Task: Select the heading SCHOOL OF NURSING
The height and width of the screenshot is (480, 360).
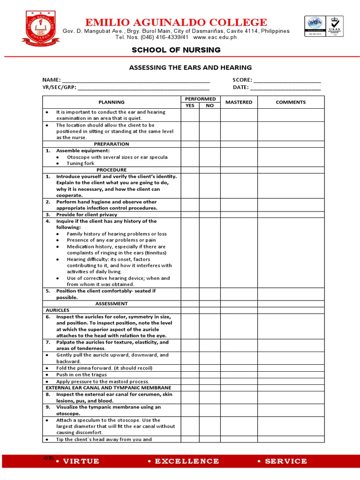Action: pyautogui.click(x=176, y=50)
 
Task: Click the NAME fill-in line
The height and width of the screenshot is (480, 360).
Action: pyautogui.click(x=136, y=81)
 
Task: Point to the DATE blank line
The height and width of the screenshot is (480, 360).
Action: pyautogui.click(x=285, y=88)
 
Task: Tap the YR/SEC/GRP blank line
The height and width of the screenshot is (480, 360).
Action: pyautogui.click(x=143, y=88)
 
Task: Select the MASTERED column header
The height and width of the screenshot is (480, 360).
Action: pyautogui.click(x=239, y=102)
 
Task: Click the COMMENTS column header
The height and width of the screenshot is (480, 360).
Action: pyautogui.click(x=291, y=102)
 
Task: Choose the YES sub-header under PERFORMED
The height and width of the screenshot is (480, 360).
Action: pyautogui.click(x=190, y=105)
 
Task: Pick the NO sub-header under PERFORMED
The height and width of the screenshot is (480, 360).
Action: pyautogui.click(x=210, y=105)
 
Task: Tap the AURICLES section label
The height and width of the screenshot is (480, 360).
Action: pyautogui.click(x=58, y=310)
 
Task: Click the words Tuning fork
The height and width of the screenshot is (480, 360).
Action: pyautogui.click(x=81, y=164)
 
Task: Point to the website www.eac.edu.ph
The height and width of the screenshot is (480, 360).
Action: pyautogui.click(x=215, y=37)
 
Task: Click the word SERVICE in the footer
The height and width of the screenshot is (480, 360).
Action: pyautogui.click(x=285, y=461)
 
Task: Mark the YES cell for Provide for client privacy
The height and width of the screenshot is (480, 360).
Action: pyautogui.click(x=190, y=215)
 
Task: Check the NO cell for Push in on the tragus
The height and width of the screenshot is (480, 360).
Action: pyautogui.click(x=210, y=375)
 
